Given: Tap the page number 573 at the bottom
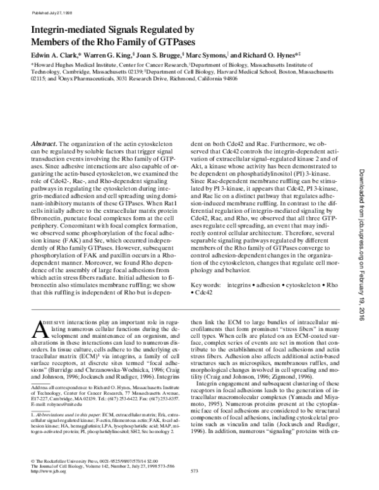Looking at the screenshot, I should [195, 471].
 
